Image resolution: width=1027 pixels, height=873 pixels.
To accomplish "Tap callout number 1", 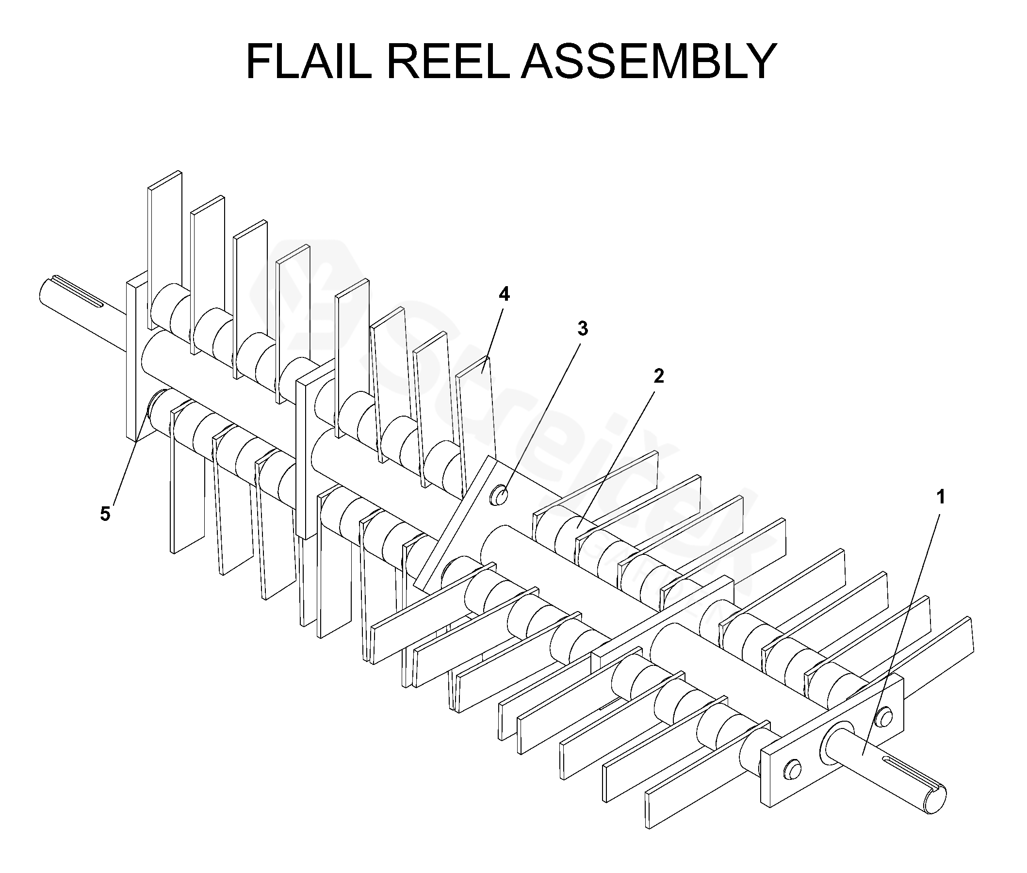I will click(941, 497).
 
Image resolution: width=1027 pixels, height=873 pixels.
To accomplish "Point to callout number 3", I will click(583, 328).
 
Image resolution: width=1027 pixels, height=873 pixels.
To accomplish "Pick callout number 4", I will click(504, 294).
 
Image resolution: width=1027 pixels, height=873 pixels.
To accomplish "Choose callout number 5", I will click(105, 514).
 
